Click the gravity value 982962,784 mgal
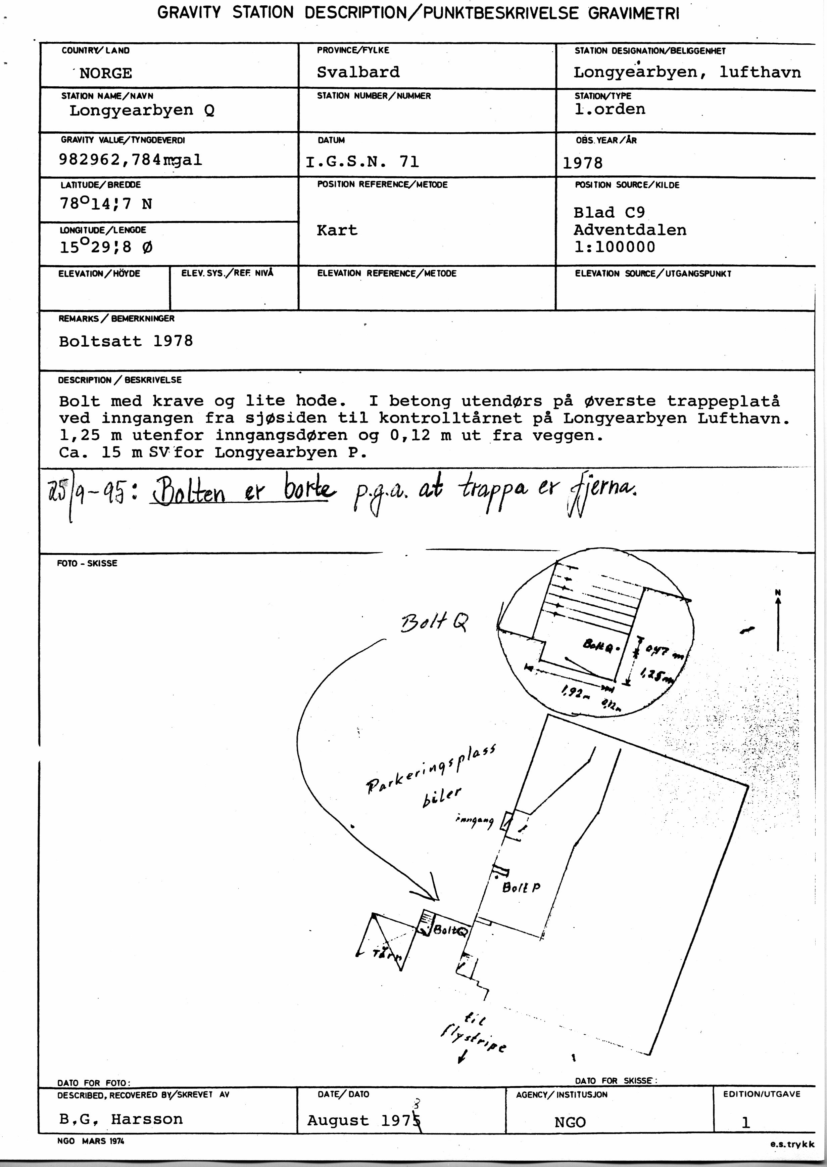pyautogui.click(x=130, y=160)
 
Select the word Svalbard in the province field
pyautogui.click(x=358, y=72)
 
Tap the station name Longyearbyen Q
pyautogui.click(x=142, y=111)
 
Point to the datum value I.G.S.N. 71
pyautogui.click(x=362, y=162)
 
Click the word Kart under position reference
pyautogui.click(x=337, y=230)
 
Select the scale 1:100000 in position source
pyautogui.click(x=614, y=247)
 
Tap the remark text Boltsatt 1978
pyautogui.click(x=126, y=341)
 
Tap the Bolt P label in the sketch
pyautogui.click(x=521, y=887)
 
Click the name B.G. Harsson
pyautogui.click(x=121, y=1119)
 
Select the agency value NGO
pyautogui.click(x=570, y=1122)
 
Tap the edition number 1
pyautogui.click(x=745, y=1122)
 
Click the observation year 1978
pyautogui.click(x=583, y=163)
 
